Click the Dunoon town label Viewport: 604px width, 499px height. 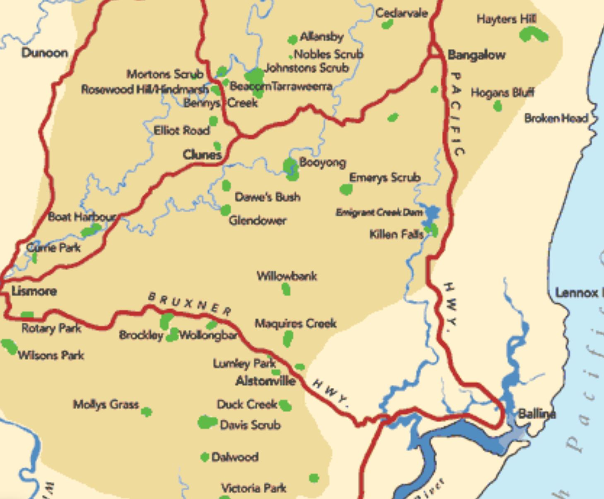(45, 53)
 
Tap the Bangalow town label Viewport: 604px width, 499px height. (476, 55)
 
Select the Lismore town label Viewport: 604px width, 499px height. (34, 291)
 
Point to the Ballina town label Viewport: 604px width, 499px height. (537, 413)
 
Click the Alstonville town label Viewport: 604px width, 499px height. (265, 381)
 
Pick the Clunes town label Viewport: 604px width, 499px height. (202, 155)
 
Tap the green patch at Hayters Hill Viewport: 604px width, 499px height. (533, 35)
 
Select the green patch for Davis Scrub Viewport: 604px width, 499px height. (207, 422)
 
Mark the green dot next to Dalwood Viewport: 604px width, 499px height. (205, 457)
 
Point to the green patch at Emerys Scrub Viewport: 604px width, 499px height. (346, 189)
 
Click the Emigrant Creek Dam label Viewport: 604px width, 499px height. (379, 213)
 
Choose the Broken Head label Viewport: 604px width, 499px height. (556, 118)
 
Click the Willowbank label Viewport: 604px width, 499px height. (287, 276)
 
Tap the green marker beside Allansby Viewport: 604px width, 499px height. (293, 40)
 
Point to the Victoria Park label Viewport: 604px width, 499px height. (253, 488)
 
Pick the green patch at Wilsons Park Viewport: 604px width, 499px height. (9, 346)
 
